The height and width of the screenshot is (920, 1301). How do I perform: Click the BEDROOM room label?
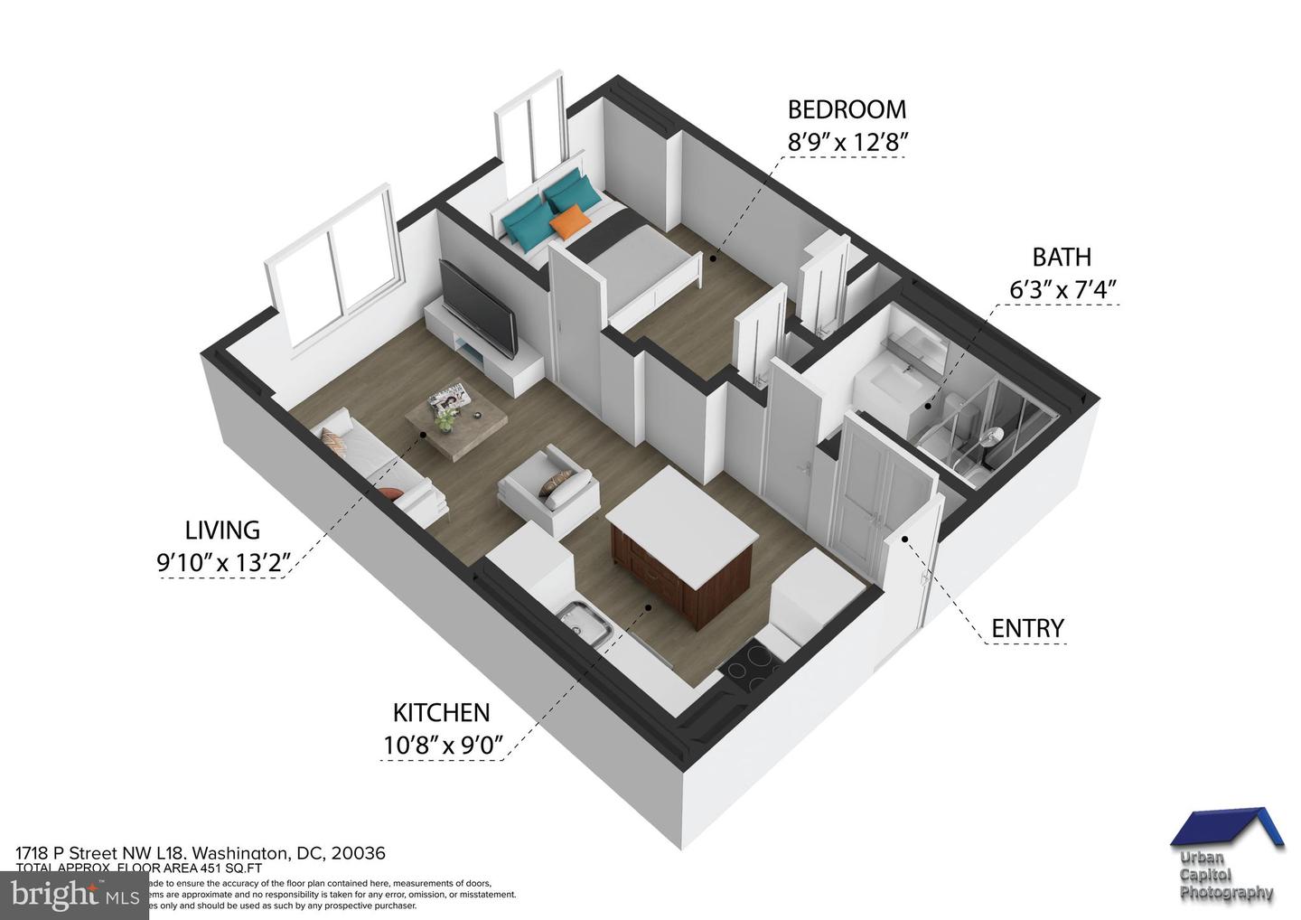847,109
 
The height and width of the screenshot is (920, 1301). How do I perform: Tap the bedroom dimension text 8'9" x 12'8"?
847,142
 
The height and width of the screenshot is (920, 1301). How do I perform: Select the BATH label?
1062,258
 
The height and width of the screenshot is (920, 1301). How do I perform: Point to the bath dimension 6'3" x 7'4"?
1063,290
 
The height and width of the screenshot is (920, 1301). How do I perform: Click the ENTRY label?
1027,628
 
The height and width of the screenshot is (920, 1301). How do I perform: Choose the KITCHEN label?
441,713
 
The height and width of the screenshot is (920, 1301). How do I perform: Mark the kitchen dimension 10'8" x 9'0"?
441,746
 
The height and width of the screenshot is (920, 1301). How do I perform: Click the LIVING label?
222,530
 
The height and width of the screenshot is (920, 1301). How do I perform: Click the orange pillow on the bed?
569,221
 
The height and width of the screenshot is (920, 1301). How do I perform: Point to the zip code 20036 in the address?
359,853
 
